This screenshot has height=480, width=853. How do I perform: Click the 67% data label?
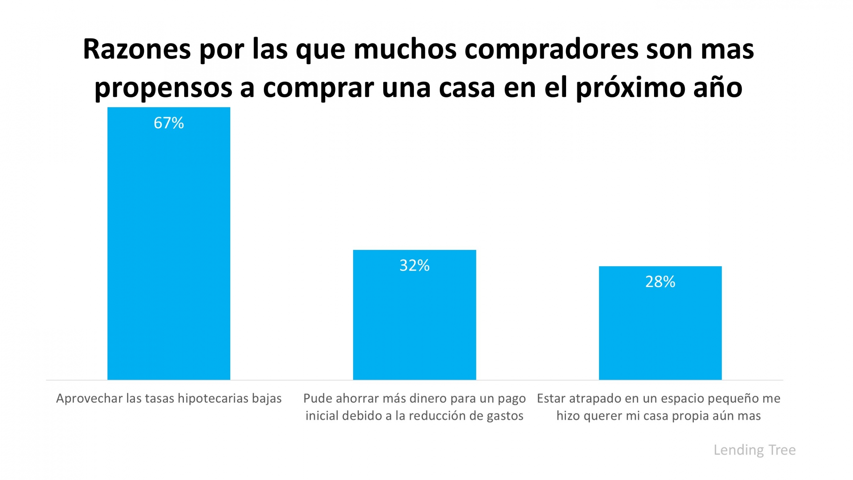tap(169, 123)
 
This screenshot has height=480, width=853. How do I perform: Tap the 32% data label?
tap(414, 265)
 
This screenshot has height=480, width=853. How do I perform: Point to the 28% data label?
tap(660, 282)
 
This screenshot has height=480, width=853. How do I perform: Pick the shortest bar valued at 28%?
tap(660, 330)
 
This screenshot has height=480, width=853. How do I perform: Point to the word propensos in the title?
tap(163, 88)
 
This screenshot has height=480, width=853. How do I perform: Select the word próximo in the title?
tap(630, 88)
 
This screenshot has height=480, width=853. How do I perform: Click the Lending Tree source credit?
tap(754, 450)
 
